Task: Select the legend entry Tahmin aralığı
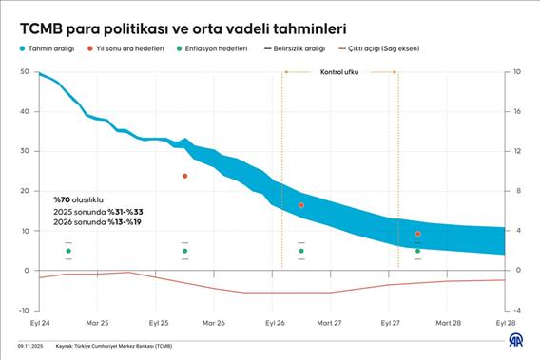(50, 47)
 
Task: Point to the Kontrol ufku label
(339, 72)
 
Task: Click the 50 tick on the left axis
(24, 72)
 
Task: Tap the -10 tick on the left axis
(24, 310)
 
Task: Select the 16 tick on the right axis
(517, 111)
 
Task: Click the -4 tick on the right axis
(516, 310)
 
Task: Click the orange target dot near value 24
(184, 176)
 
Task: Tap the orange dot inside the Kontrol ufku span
(301, 205)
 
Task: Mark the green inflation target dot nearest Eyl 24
(68, 251)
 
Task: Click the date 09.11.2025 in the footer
(31, 347)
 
